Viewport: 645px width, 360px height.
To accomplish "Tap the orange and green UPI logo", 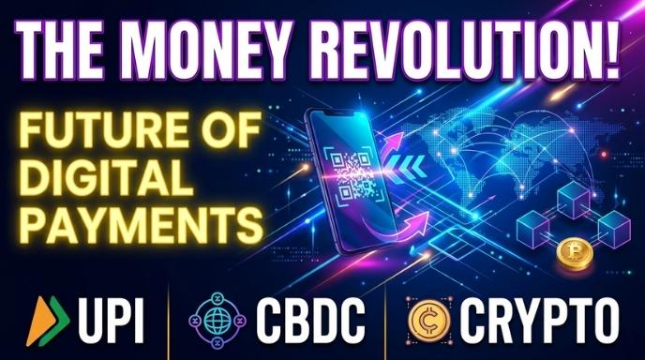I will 50,319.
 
